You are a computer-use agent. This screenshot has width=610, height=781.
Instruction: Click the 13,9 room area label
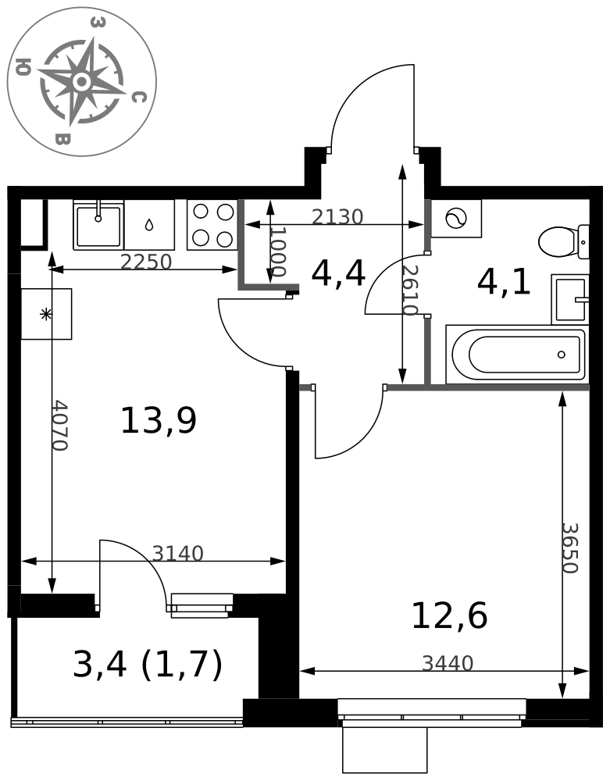point(159,421)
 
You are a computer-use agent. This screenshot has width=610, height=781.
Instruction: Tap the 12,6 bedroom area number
point(449,616)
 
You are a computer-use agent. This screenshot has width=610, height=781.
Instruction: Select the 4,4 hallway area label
point(338,274)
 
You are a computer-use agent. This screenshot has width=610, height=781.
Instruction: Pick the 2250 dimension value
point(146,262)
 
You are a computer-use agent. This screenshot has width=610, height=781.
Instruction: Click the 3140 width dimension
point(178,554)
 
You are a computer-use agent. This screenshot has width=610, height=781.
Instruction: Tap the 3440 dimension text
point(448,663)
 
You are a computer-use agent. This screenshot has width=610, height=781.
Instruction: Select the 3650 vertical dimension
point(569,548)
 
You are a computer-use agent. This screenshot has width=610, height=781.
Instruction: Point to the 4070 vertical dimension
point(60,425)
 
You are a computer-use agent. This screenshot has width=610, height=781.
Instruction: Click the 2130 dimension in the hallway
point(337,216)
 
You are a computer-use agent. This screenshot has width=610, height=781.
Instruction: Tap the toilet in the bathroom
point(564,241)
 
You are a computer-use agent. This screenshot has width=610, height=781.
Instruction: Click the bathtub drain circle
point(562,355)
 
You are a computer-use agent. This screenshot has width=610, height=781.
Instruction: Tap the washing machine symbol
point(455,218)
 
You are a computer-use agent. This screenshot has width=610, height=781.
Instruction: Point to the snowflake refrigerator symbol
point(46,314)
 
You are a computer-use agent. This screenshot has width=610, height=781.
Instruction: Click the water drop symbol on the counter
point(149,225)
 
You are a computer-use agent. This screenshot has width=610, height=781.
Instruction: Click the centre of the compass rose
point(82,81)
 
